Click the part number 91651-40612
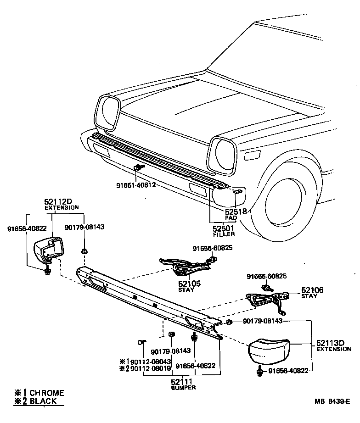point(136,186)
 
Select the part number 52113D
point(333,343)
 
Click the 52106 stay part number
point(312,290)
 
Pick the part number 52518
point(236,211)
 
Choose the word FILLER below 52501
point(224,234)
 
